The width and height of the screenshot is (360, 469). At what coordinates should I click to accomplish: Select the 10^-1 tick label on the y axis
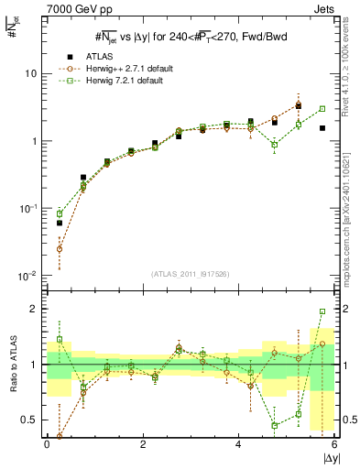coord(28,209)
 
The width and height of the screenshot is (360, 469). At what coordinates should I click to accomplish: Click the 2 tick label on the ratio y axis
coord(35,309)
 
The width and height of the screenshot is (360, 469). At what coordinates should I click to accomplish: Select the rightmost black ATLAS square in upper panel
coord(322,128)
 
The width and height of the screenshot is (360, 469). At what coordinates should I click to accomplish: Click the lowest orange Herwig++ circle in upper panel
coord(60,248)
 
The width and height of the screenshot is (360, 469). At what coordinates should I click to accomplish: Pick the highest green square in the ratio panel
coord(322,311)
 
